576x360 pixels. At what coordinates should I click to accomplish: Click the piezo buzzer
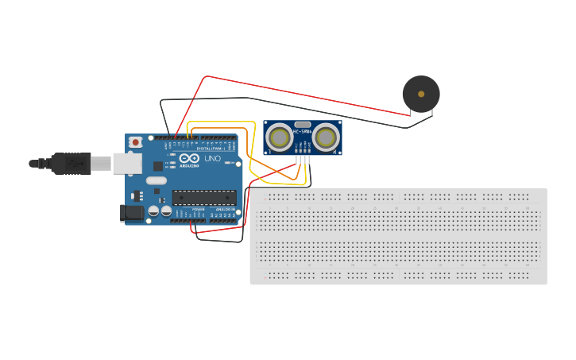coord(420,94)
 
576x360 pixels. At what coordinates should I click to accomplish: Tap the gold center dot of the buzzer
coord(421,94)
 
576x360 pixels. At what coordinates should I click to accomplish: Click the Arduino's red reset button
coord(136,142)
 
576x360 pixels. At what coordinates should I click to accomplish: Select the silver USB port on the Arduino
coord(126,164)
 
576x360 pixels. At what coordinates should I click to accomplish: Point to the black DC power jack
coord(132,212)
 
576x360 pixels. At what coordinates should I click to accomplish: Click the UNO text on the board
coord(213,159)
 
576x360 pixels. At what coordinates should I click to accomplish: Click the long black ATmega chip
coord(204,198)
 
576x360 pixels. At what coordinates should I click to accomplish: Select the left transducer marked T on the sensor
coord(280,137)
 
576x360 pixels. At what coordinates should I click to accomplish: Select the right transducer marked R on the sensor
coord(326,137)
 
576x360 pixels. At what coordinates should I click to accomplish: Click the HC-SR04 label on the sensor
coord(303,130)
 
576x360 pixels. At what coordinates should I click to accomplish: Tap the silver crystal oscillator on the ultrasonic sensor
coord(303,124)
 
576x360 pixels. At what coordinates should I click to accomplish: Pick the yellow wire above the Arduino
coord(222,122)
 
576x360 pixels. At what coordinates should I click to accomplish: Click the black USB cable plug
coord(71,164)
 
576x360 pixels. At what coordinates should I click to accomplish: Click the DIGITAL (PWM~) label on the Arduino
coord(211,149)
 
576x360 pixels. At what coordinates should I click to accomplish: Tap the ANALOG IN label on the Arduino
coord(226,209)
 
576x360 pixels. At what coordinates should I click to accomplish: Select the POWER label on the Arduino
coord(198,209)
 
